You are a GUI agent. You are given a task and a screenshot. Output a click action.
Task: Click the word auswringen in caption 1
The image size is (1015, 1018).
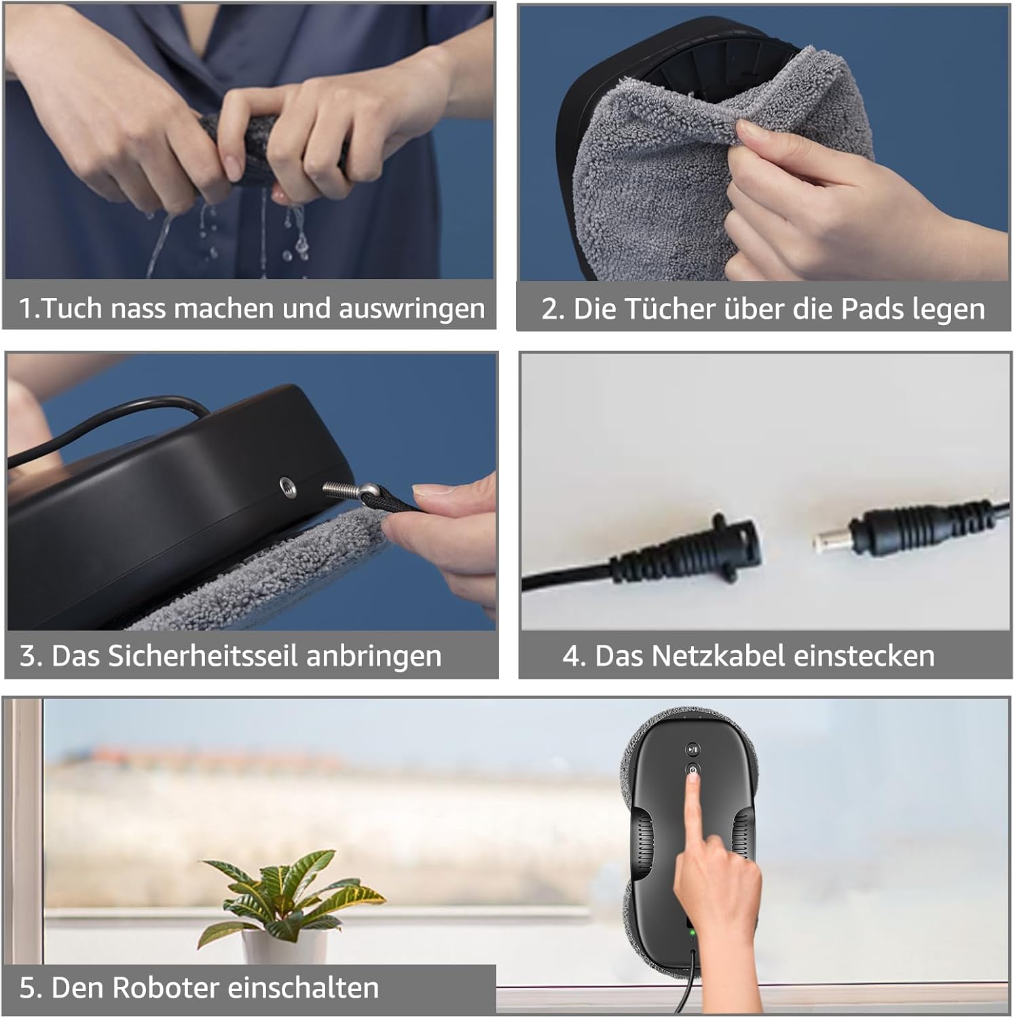coord(411,309)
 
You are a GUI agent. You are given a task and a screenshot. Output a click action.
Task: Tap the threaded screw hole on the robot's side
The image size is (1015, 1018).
coord(288,487)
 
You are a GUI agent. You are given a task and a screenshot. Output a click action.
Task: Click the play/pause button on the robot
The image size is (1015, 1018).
coord(693,750)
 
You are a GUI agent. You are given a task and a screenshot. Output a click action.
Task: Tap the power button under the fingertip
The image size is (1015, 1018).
coord(693,770)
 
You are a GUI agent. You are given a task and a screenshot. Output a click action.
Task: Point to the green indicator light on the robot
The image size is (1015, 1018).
coord(692,932)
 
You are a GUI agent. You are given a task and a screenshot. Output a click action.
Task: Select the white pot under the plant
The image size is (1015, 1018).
coord(284,947)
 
